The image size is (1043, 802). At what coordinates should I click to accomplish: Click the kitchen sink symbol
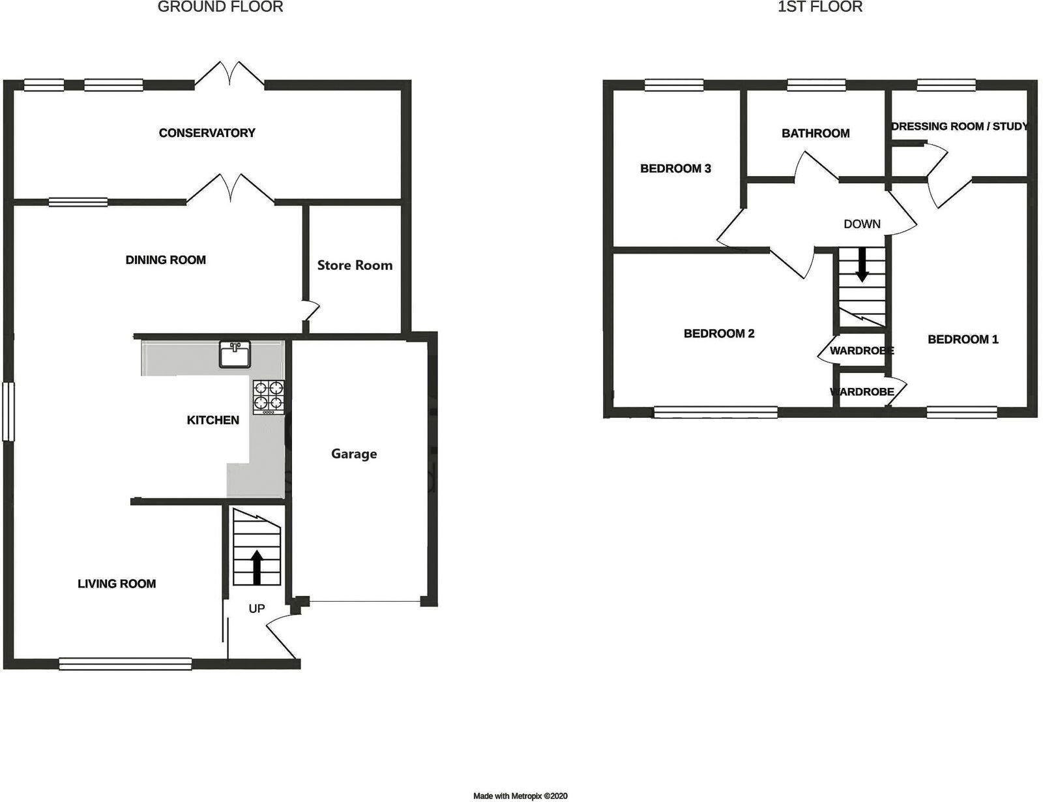coord(235,355)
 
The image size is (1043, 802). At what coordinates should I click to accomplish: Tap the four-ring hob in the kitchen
coord(269,397)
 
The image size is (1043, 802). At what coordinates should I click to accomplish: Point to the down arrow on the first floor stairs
coord(862,265)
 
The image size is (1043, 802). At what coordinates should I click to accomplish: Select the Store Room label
coord(355,265)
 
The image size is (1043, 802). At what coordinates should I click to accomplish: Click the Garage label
coord(354,454)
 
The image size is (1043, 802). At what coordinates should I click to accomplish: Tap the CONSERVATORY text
coord(207,133)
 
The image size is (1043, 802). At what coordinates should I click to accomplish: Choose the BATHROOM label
coord(815,134)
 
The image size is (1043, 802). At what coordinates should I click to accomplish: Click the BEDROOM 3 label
coord(675,169)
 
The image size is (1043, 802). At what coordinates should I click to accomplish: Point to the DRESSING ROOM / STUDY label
coord(959,126)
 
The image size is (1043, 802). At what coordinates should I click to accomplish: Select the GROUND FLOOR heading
coord(220,7)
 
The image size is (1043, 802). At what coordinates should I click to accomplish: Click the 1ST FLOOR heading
coord(820,7)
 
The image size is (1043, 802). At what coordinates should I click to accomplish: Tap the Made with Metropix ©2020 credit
coord(520,796)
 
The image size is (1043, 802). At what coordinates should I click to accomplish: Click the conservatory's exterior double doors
coord(229,74)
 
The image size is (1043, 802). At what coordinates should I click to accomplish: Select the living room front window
coord(125,664)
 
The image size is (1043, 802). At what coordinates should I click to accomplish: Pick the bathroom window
coord(816,84)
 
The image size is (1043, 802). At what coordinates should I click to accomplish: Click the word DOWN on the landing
coord(862,224)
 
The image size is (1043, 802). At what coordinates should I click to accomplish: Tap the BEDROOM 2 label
coord(719,334)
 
